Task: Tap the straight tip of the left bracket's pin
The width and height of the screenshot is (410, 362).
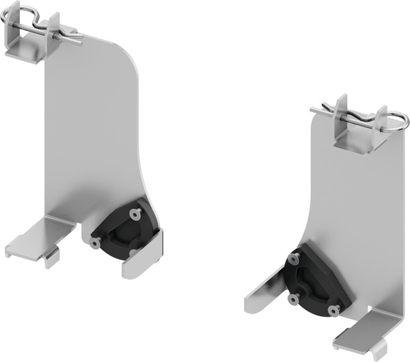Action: (79, 40)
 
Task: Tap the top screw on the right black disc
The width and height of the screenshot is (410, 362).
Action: (295, 259)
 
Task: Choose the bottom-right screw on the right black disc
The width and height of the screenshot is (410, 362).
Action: (333, 310)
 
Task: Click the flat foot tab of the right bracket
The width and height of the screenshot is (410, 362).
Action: (359, 331)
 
